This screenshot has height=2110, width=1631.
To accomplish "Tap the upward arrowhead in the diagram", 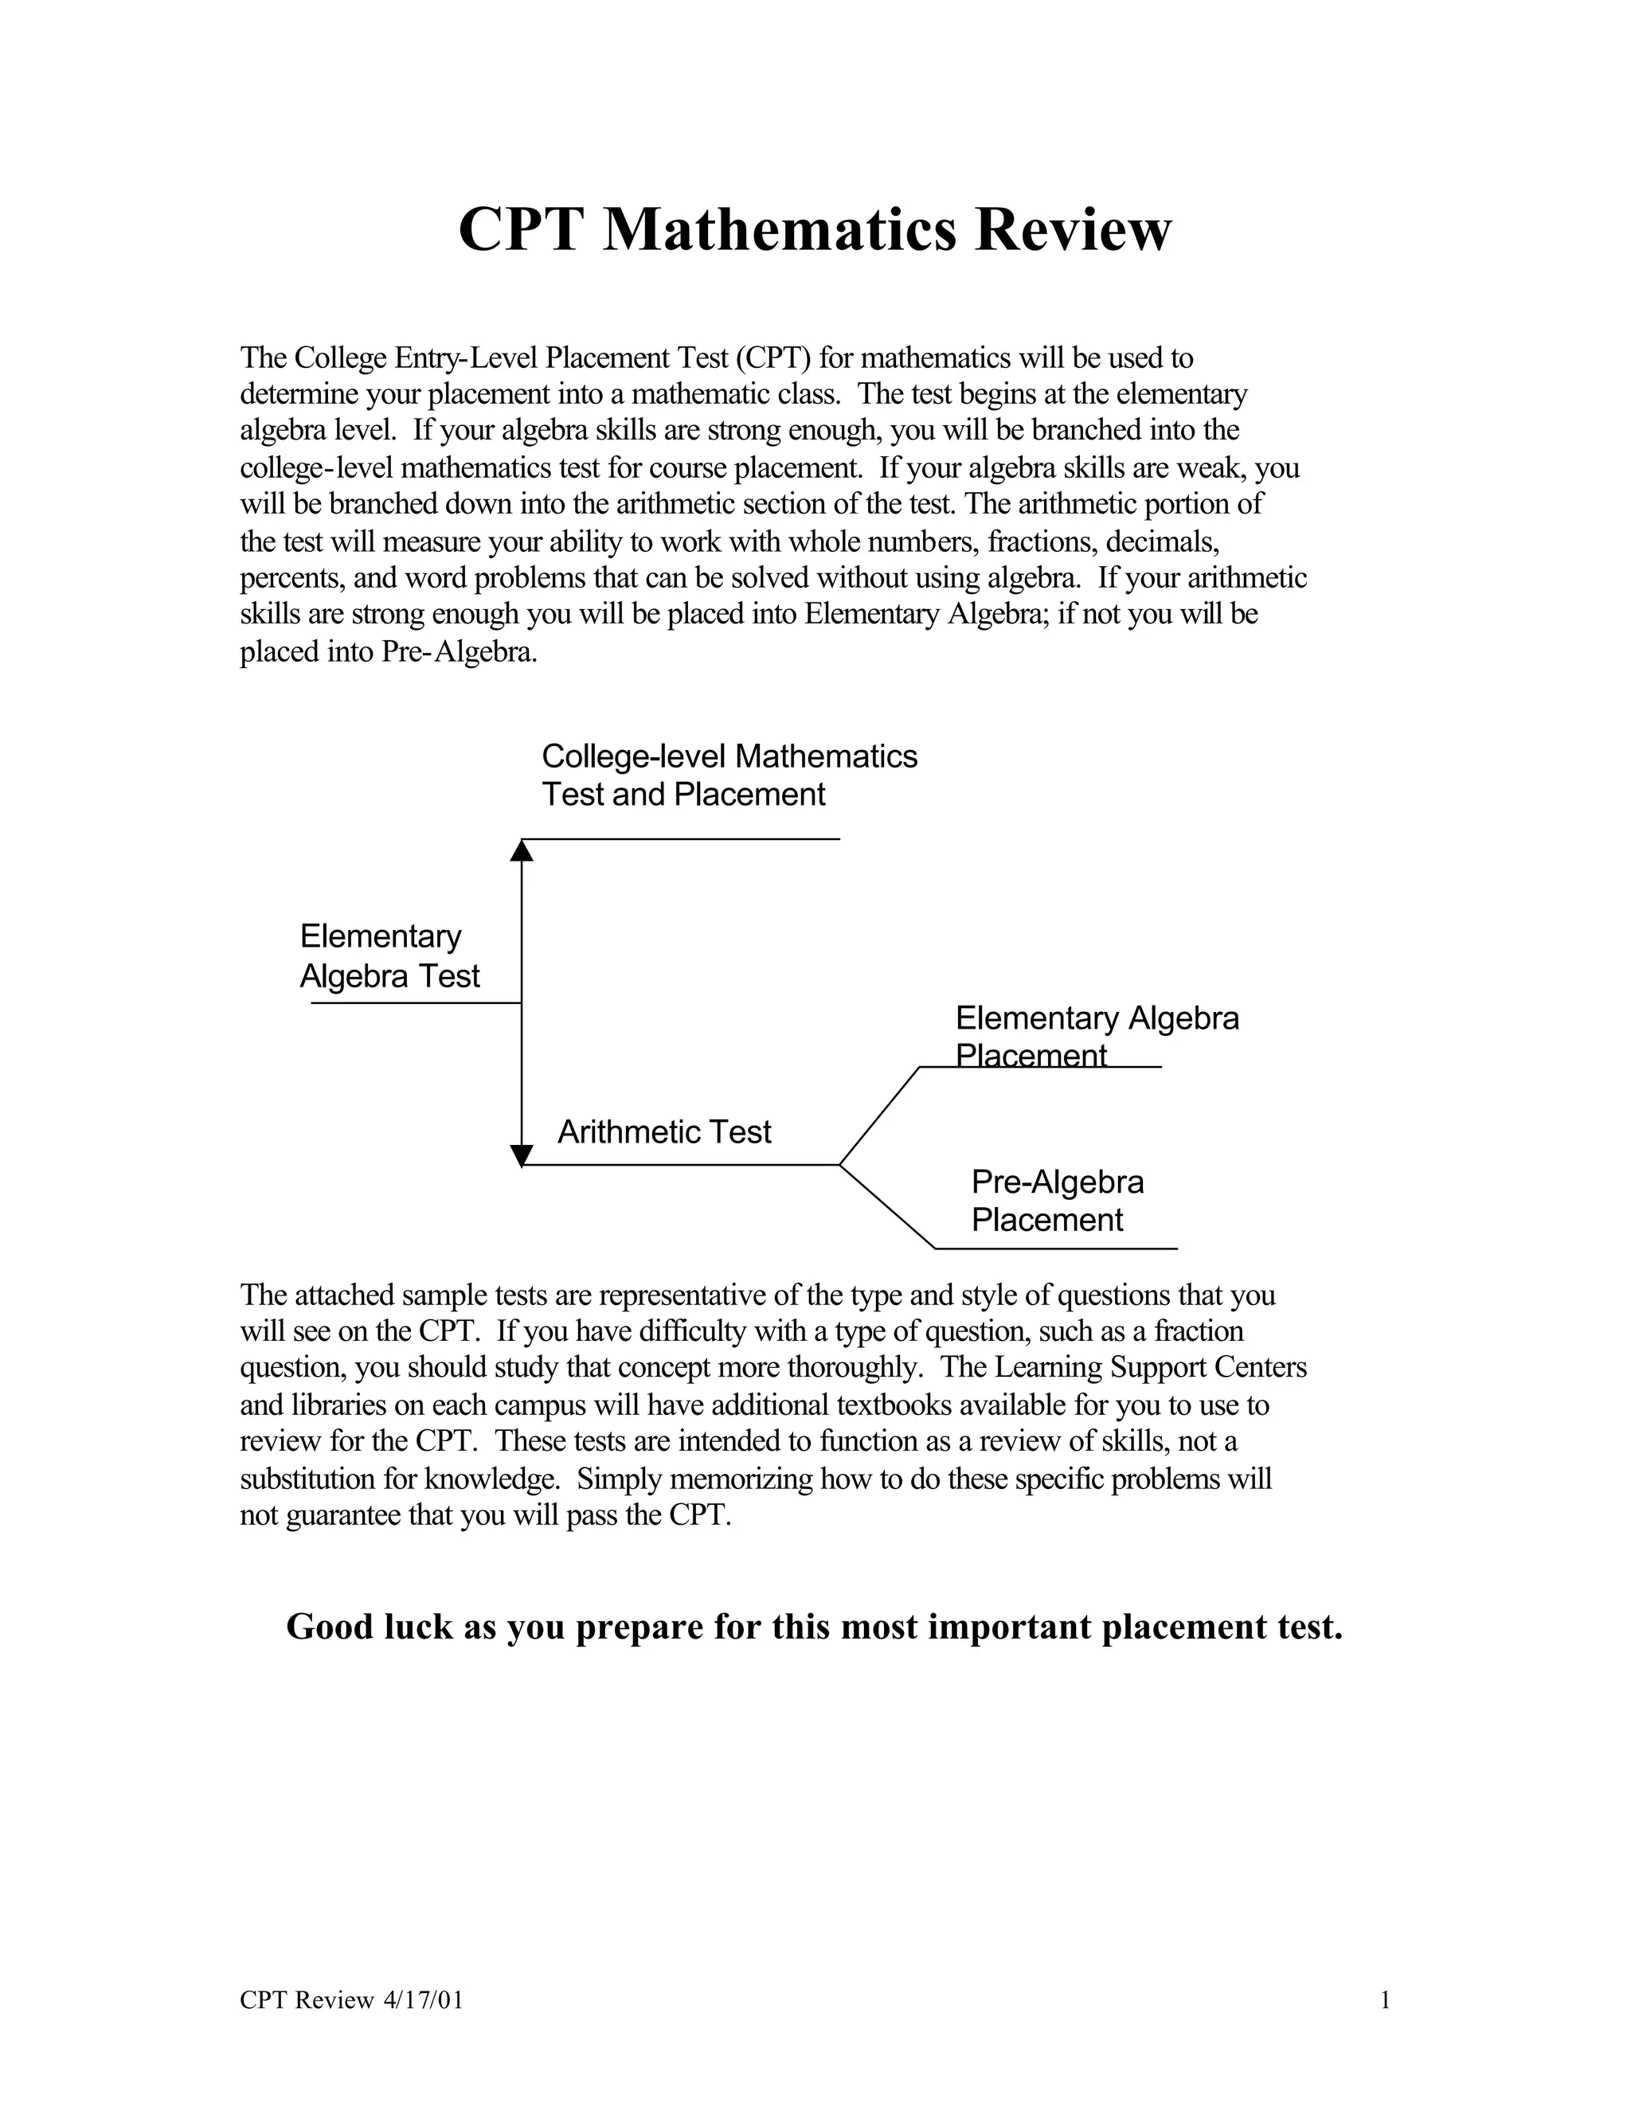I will pyautogui.click(x=522, y=850).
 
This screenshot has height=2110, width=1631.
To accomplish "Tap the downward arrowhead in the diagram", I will pyautogui.click(x=522, y=1155).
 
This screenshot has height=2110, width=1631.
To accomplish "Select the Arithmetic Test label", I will pyautogui.click(x=665, y=1132).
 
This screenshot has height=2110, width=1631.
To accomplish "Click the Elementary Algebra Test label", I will pyautogui.click(x=389, y=956).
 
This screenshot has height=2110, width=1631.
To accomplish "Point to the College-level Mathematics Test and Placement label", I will pyautogui.click(x=729, y=775).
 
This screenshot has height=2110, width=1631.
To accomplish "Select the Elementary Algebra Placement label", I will pyautogui.click(x=1097, y=1037).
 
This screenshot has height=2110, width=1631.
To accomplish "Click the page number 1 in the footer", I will pyautogui.click(x=1385, y=2000).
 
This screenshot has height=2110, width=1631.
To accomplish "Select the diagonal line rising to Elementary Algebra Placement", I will pyautogui.click(x=879, y=1116).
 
